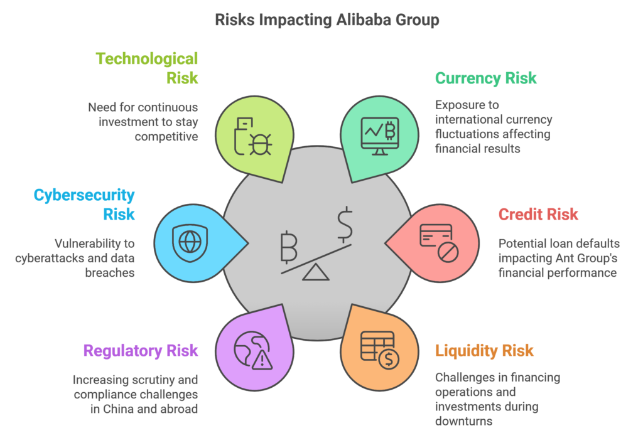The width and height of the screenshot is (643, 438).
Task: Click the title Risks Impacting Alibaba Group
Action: tap(327, 19)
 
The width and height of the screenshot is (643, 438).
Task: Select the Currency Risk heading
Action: tap(485, 78)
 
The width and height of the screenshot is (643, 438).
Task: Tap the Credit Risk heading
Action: tap(538, 214)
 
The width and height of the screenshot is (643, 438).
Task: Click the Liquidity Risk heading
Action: tap(484, 351)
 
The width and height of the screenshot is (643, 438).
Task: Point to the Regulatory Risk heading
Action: tap(141, 351)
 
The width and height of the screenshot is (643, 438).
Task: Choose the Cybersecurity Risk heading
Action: tap(84, 205)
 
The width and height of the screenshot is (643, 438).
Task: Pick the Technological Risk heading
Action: tap(147, 68)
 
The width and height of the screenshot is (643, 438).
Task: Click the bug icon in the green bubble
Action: tap(260, 144)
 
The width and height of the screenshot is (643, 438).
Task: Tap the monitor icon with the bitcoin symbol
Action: tap(380, 136)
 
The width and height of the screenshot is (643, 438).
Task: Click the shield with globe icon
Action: tap(190, 243)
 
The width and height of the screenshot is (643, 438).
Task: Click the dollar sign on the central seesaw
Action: tap(345, 225)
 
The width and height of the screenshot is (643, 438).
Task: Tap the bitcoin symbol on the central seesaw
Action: tap(289, 247)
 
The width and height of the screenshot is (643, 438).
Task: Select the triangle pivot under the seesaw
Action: tap(315, 273)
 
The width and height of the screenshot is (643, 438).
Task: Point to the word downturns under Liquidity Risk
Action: tap(464, 421)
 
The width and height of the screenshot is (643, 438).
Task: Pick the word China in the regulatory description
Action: tap(118, 409)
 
